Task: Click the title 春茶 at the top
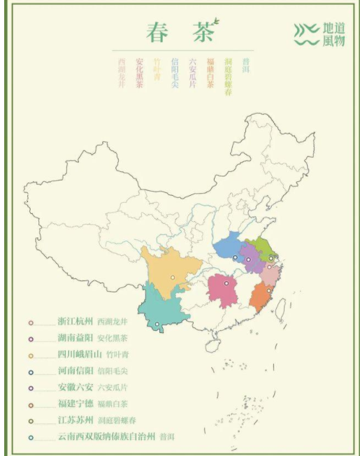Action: click(180, 32)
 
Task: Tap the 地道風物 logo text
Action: click(334, 34)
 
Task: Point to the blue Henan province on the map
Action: click(229, 247)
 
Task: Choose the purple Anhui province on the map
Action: click(251, 258)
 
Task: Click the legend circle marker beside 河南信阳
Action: click(31, 371)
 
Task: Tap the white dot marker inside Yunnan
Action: click(157, 324)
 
